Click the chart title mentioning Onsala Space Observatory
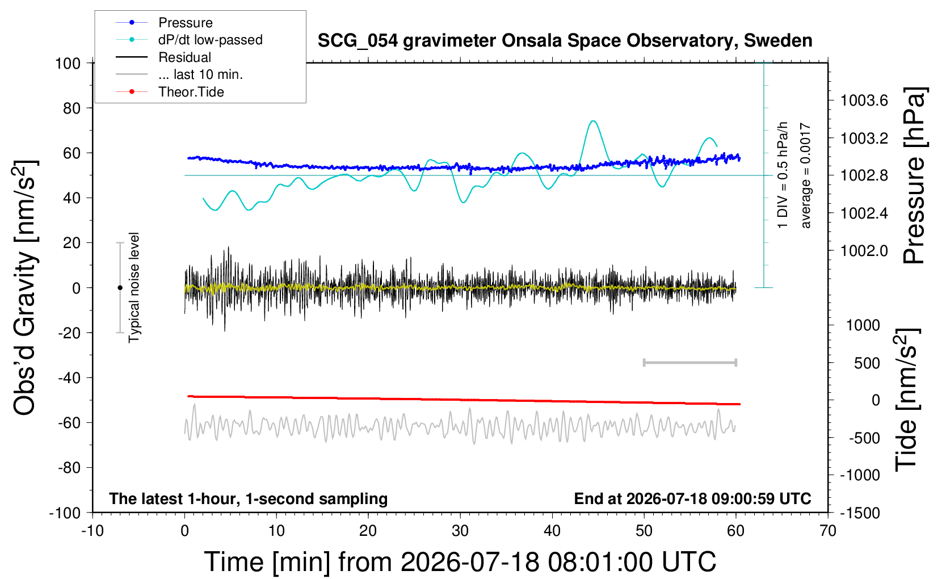565,41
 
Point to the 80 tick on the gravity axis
72,108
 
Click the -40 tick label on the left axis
69,378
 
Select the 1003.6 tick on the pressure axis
864,100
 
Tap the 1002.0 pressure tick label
864,251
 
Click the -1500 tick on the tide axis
860,513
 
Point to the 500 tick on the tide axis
867,363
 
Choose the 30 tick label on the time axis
460,531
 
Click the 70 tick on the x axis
827,531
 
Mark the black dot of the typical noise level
120,288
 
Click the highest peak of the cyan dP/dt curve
593,121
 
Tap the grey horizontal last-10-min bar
689,363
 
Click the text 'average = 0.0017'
805,175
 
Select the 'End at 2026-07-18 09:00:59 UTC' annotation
693,498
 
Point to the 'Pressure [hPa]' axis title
915,175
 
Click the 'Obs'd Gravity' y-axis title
24,288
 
